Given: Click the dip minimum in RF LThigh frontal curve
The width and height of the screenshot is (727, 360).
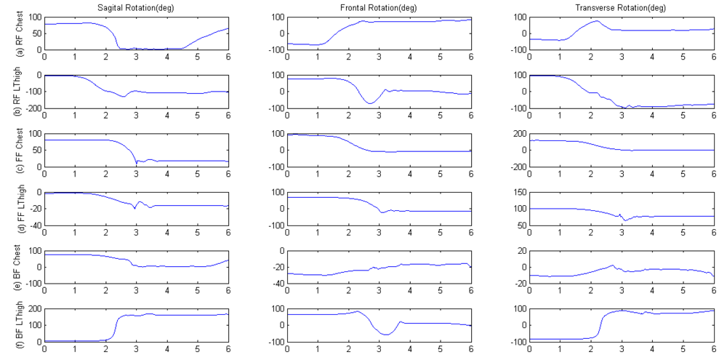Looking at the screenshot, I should coord(369,104).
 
